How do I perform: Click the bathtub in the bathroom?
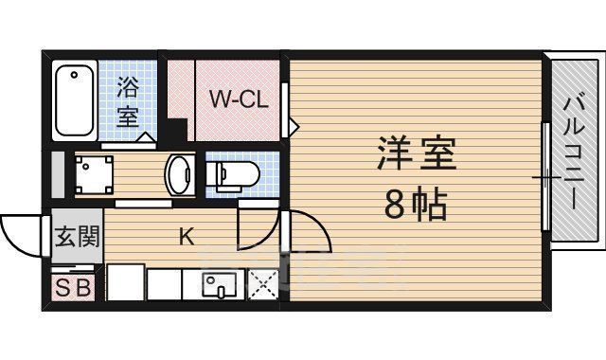[75, 99]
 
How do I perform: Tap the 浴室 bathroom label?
[127, 103]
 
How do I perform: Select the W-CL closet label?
[236, 99]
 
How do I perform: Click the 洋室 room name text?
[417, 153]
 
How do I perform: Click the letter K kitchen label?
[187, 237]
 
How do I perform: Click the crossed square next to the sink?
[263, 284]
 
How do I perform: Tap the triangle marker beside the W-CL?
[294, 124]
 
